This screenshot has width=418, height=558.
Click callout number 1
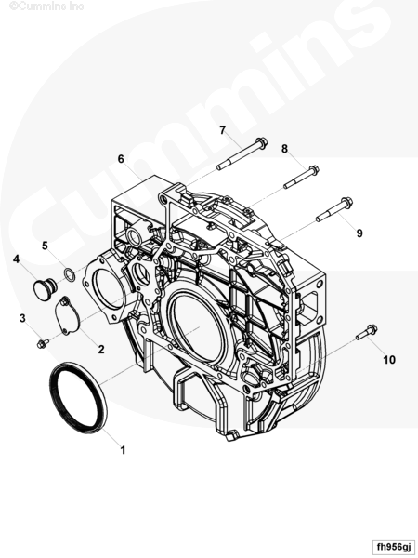point(123,450)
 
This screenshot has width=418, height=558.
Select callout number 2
point(101,350)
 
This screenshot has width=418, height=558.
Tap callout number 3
point(22,318)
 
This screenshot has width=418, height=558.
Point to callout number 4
point(16,259)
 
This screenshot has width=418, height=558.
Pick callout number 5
point(45,246)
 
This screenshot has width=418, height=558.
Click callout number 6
point(121,159)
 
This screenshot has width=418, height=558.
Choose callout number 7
point(223,130)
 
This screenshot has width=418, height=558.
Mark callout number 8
point(284,149)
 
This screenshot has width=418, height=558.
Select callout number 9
point(359,233)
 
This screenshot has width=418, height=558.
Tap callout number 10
point(389,360)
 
